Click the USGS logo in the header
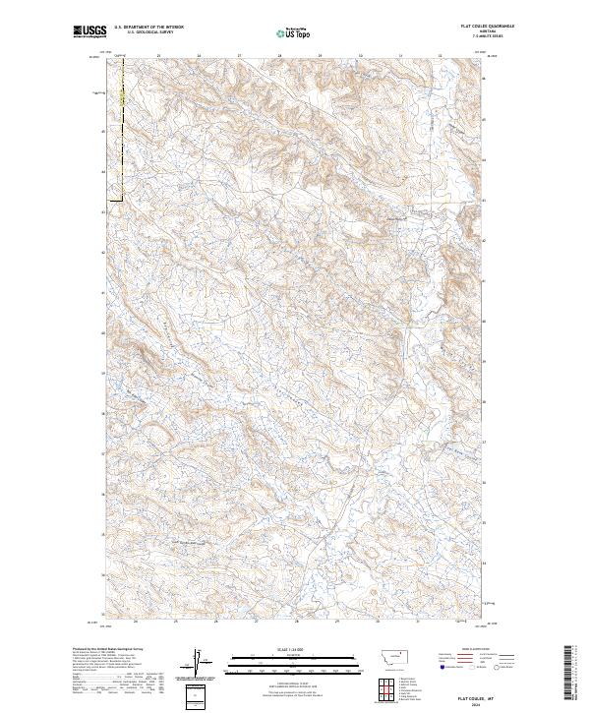pyautogui.click(x=88, y=31)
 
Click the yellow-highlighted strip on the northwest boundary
pyautogui.click(x=120, y=98)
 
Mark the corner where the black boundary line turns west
pyautogui.click(x=120, y=202)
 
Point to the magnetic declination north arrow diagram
pyautogui.click(x=196, y=662)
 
